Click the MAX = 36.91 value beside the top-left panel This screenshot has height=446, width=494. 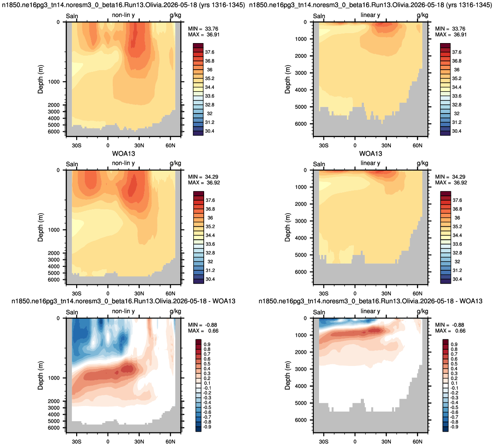(x=204, y=35)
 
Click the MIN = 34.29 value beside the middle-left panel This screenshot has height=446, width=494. (x=203, y=177)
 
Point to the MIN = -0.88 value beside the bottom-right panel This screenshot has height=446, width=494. (x=450, y=325)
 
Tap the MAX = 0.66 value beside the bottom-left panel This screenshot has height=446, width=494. (x=203, y=331)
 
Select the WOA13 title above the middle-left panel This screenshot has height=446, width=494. (x=124, y=154)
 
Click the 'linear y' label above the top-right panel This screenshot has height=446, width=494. (x=370, y=15)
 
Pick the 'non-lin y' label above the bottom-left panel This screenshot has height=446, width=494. (x=124, y=311)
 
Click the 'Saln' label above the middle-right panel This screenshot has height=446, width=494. (x=319, y=164)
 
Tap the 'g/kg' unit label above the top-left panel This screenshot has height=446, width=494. (x=175, y=15)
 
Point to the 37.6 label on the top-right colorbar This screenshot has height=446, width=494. (x=457, y=52)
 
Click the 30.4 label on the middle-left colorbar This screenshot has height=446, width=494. (x=210, y=279)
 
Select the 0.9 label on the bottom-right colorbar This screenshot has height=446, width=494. (x=454, y=345)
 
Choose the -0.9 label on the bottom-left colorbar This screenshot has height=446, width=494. (x=207, y=427)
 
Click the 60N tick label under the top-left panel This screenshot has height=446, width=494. (x=171, y=145)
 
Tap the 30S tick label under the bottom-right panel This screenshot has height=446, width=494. (x=323, y=442)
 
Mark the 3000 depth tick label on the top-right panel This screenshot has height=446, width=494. (x=301, y=73)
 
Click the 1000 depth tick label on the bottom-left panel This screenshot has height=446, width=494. (x=54, y=378)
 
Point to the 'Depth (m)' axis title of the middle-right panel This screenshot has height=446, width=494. (x=287, y=228)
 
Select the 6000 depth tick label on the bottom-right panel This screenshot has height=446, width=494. (x=301, y=420)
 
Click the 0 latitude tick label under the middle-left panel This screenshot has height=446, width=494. (x=108, y=294)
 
